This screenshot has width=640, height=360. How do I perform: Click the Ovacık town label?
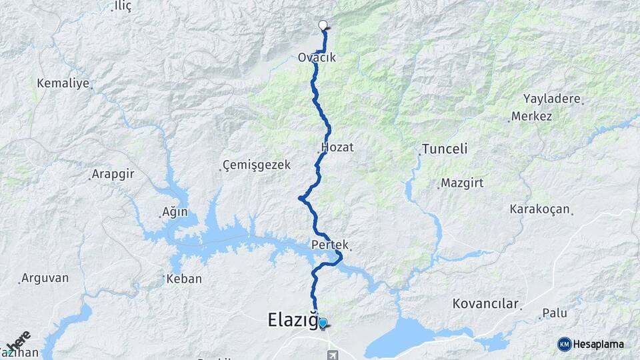click(317, 58)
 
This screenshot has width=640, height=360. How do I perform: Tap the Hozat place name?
click(337, 147)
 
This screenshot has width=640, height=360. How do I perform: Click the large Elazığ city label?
click(292, 320)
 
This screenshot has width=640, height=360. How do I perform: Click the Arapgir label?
click(113, 177)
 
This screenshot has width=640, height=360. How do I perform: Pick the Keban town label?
click(183, 279)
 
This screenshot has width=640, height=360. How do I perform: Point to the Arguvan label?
click(45, 278)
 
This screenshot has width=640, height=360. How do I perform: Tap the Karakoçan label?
click(539, 209)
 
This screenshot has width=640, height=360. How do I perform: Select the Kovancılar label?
click(485, 304)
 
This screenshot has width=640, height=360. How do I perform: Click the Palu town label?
click(554, 312)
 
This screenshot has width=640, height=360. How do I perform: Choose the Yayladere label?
click(552, 99)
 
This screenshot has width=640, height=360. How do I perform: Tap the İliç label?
click(123, 6)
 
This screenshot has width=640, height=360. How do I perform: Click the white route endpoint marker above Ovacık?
click(323, 26)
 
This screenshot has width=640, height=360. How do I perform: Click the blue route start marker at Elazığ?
click(323, 324)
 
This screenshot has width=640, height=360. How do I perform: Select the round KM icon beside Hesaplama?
click(565, 344)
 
